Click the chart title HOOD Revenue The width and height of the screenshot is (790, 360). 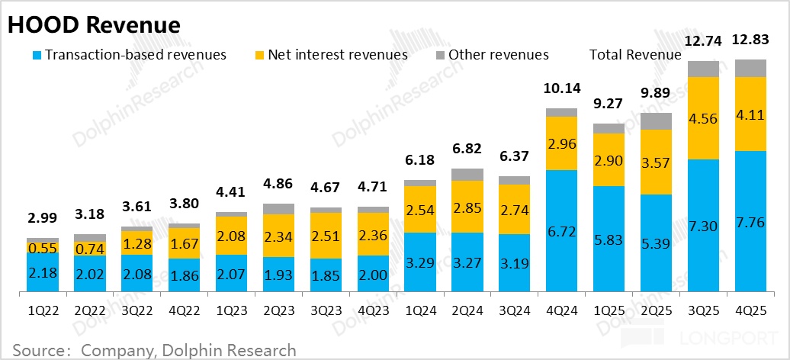point(94,24)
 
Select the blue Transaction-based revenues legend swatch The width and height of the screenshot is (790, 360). point(36,55)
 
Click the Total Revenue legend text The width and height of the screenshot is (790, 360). point(635,55)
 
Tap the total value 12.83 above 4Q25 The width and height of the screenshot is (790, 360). point(750,40)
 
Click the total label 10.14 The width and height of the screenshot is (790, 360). point(561,89)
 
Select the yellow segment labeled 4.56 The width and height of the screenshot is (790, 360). point(703,118)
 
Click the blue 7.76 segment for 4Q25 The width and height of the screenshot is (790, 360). point(750,221)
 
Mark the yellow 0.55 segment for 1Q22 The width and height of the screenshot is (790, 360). point(42,249)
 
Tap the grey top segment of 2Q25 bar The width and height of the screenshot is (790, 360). point(656,121)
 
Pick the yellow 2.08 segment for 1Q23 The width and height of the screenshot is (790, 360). point(231,236)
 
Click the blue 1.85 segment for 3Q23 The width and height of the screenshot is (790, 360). point(326,273)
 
